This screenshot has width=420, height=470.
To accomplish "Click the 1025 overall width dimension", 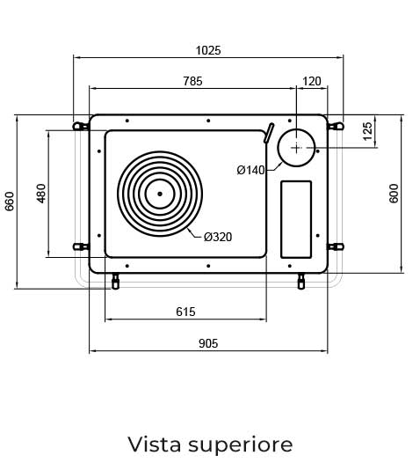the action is [x=208, y=50].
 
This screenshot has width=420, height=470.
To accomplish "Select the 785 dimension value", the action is [x=192, y=81].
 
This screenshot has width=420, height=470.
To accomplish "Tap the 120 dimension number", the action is [x=312, y=81].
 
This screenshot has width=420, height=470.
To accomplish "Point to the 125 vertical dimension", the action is [x=367, y=130].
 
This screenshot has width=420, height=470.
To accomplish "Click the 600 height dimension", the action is [x=394, y=194].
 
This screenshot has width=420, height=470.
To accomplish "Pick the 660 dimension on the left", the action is [x=10, y=202].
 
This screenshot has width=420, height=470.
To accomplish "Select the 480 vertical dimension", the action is [x=41, y=194].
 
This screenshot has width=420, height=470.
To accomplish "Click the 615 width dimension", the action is [x=185, y=312].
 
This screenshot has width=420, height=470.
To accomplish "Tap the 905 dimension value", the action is [x=208, y=343].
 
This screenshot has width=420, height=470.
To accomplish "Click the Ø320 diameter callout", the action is [x=218, y=237].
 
